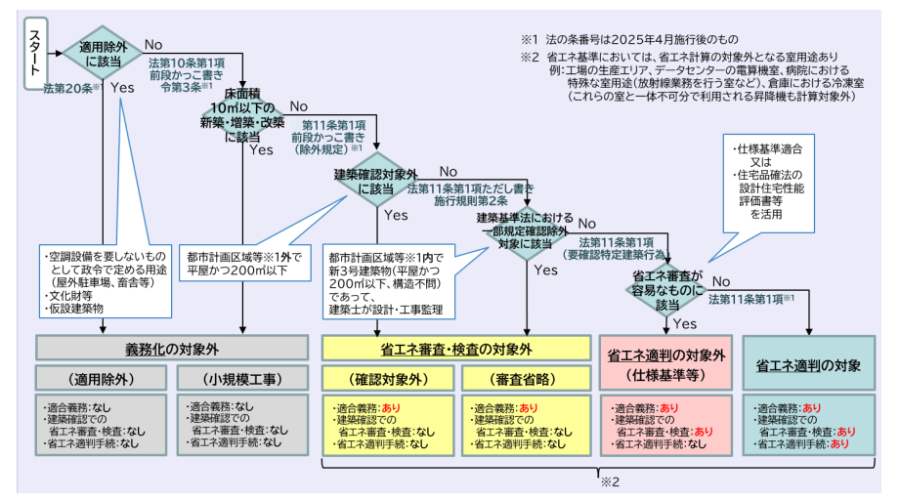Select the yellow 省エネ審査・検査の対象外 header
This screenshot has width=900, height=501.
click(x=457, y=347)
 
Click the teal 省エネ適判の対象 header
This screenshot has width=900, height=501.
click(x=808, y=363)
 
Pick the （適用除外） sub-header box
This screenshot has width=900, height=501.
click(x=102, y=378)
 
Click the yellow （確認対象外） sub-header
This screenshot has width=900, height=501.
click(x=387, y=378)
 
